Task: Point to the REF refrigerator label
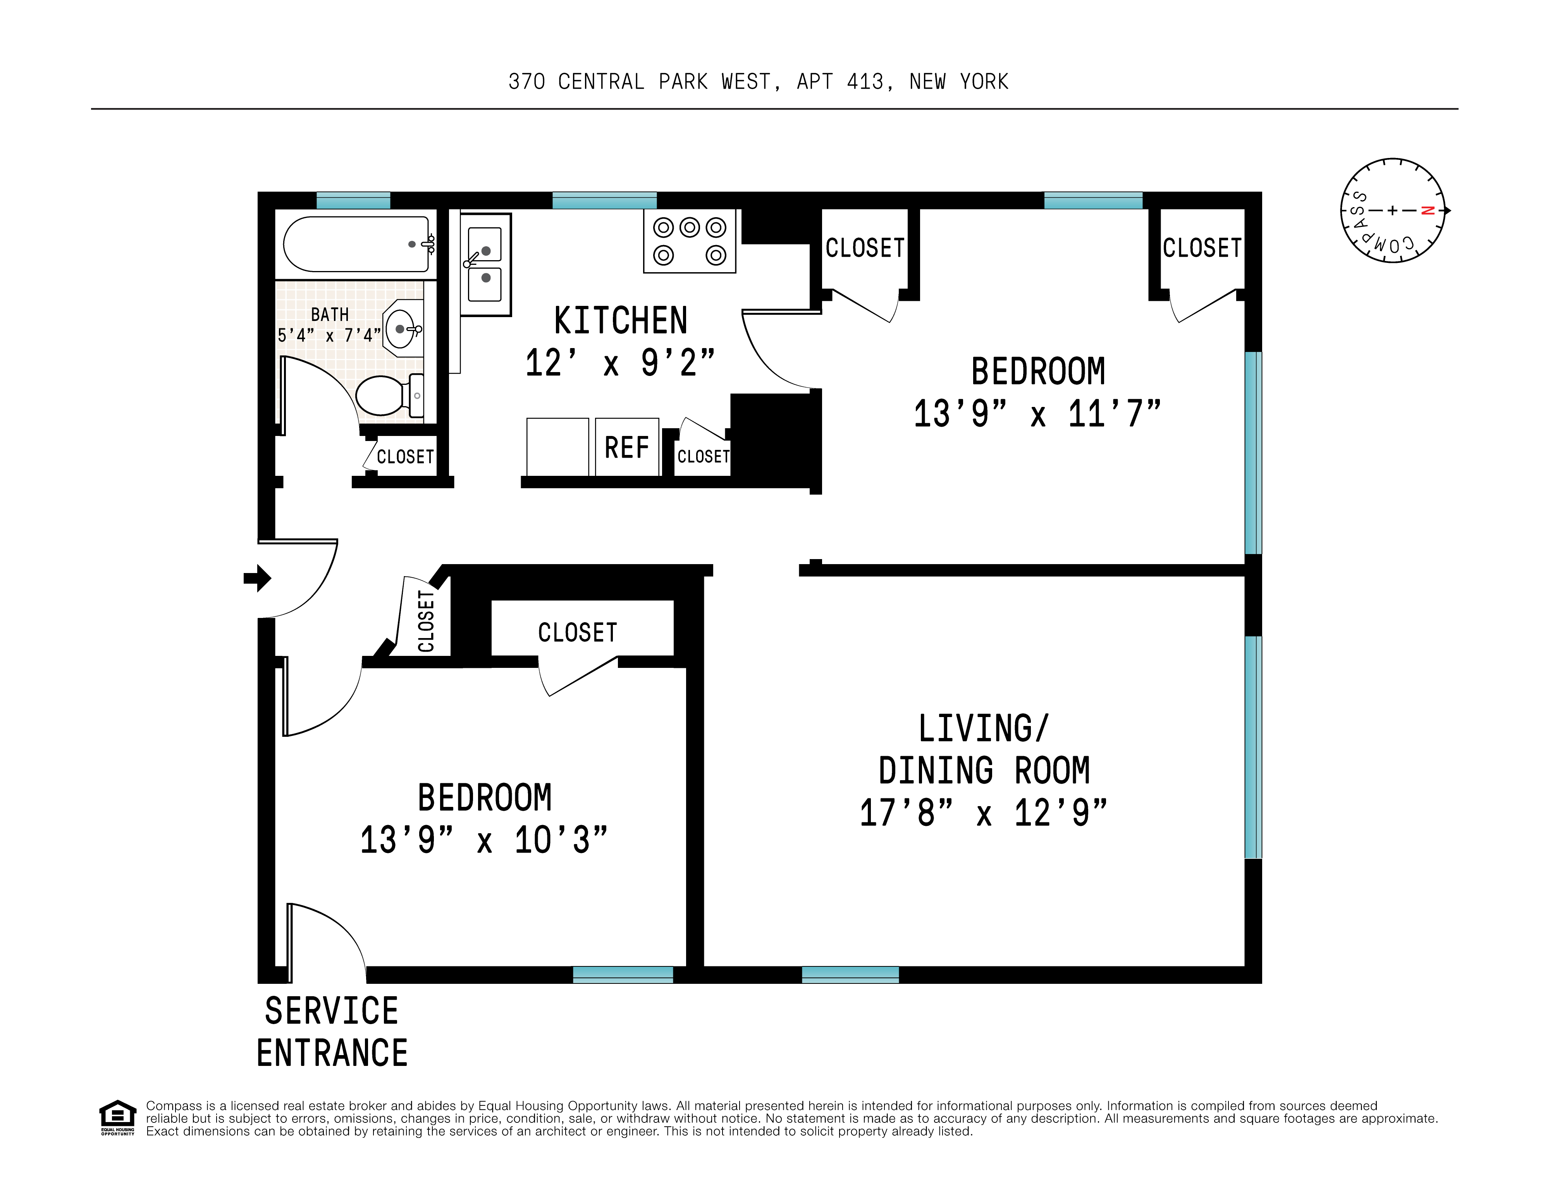pos(627,448)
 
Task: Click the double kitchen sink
pos(485,264)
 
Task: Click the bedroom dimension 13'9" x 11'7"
pos(1037,414)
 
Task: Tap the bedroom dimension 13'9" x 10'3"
pos(484,840)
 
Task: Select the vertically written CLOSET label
pos(426,621)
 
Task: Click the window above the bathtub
pos(353,200)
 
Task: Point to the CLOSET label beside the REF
pos(703,456)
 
